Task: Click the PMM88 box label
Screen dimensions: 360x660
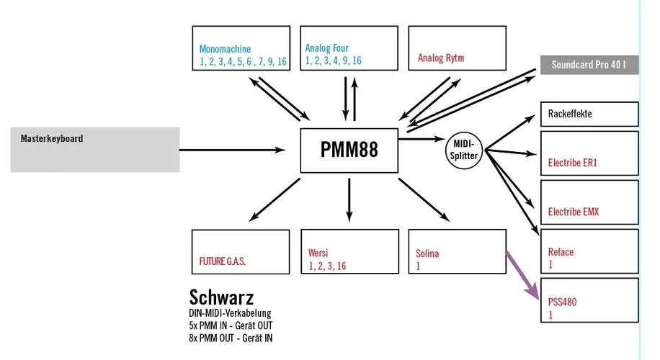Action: pyautogui.click(x=349, y=150)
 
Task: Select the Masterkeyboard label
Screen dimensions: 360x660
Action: pyautogui.click(x=51, y=138)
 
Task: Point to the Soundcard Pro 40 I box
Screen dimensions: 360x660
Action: pyautogui.click(x=589, y=65)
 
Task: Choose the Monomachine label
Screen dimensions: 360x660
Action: pyautogui.click(x=225, y=50)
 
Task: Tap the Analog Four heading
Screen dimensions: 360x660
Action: pyautogui.click(x=326, y=49)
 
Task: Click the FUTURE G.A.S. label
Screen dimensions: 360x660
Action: pyautogui.click(x=223, y=261)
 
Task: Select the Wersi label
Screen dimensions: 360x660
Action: pyautogui.click(x=318, y=253)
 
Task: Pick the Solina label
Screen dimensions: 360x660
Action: pyautogui.click(x=427, y=253)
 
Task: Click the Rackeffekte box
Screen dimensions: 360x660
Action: pyautogui.click(x=589, y=114)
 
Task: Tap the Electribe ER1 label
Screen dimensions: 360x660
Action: pyautogui.click(x=573, y=163)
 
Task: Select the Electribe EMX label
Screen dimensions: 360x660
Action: pyautogui.click(x=574, y=212)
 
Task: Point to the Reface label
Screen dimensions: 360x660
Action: pyautogui.click(x=561, y=252)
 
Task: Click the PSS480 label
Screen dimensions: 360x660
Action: pyautogui.click(x=563, y=302)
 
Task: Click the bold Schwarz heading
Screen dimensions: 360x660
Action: pyautogui.click(x=221, y=297)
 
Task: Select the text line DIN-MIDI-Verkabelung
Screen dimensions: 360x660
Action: pyautogui.click(x=229, y=314)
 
